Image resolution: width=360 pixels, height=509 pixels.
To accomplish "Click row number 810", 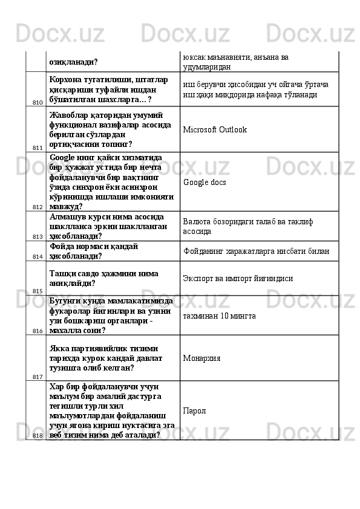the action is pyautogui.click(x=38, y=102).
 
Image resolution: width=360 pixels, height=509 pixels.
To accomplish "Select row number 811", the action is pyautogui.click(x=38, y=148).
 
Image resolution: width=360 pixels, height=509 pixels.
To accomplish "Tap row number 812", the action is pyautogui.click(x=38, y=207).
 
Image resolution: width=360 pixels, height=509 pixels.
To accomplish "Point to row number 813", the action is pyautogui.click(x=38, y=236).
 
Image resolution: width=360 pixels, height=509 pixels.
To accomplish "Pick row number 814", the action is pyautogui.click(x=38, y=256).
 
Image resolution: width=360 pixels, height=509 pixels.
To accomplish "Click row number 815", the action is pyautogui.click(x=38, y=291).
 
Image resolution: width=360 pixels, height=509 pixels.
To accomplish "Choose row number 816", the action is pyautogui.click(x=38, y=331).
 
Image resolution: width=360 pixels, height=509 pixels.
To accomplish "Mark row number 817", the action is pyautogui.click(x=38, y=376).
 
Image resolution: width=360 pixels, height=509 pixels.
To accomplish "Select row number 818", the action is pyautogui.click(x=38, y=435).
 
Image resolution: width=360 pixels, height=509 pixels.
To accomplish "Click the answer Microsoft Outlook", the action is pyautogui.click(x=215, y=130).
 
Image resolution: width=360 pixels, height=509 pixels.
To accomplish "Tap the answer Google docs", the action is pyautogui.click(x=205, y=181).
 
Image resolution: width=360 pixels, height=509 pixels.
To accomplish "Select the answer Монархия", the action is pyautogui.click(x=201, y=358).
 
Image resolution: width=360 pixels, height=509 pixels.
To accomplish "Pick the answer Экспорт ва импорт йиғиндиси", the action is pyautogui.click(x=238, y=279).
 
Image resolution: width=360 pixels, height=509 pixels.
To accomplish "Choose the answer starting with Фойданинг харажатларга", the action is pyautogui.click(x=256, y=251).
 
